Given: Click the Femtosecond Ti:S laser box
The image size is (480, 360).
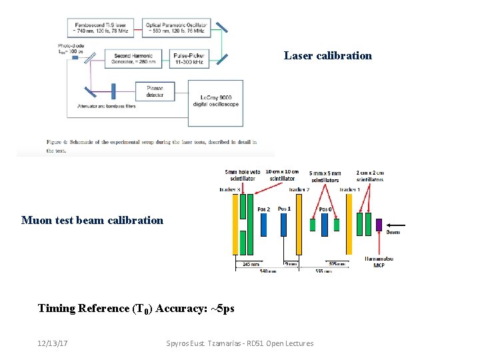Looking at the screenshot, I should (100, 27).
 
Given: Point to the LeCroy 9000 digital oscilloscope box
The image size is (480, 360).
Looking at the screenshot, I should (215, 102).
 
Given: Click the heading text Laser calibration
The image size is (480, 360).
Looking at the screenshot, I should (327, 55).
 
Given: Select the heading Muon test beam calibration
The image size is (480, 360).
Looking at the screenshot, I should (92, 220).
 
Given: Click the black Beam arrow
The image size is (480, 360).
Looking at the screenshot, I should (396, 225).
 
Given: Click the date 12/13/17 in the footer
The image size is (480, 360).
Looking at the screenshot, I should (53, 343).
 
